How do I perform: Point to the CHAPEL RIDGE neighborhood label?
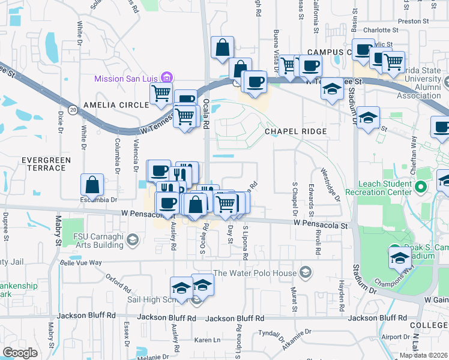296,131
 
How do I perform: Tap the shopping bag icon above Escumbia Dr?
92,182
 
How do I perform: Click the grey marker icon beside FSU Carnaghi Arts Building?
133,241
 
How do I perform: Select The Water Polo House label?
255,274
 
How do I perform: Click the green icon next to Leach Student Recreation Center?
421,187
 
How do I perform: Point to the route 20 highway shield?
73,110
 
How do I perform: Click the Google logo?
20,352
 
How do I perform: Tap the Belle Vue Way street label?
82,262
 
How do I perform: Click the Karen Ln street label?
208,340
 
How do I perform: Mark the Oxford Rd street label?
118,281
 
